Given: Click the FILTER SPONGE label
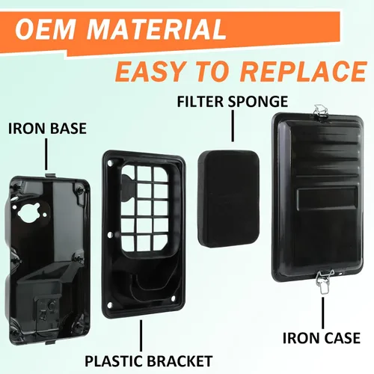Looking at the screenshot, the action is coord(233,102).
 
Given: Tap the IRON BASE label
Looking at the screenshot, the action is coord(47,129).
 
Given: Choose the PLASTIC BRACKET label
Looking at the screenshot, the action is coord(149,361).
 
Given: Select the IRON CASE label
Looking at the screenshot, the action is coord(322,338).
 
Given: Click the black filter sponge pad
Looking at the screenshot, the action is coord(229,200).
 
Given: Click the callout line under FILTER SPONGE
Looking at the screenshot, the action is coord(233,126).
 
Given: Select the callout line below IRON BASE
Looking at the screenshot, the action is coord(46,154).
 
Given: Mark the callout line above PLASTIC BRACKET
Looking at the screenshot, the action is coord(141,336).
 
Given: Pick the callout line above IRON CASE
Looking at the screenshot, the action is coord(323,313).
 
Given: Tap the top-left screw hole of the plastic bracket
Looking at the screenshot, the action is coord(109,163).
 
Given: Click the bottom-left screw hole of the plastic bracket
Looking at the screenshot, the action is coord(108,305).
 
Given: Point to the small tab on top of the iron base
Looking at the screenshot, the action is coord(51,174).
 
